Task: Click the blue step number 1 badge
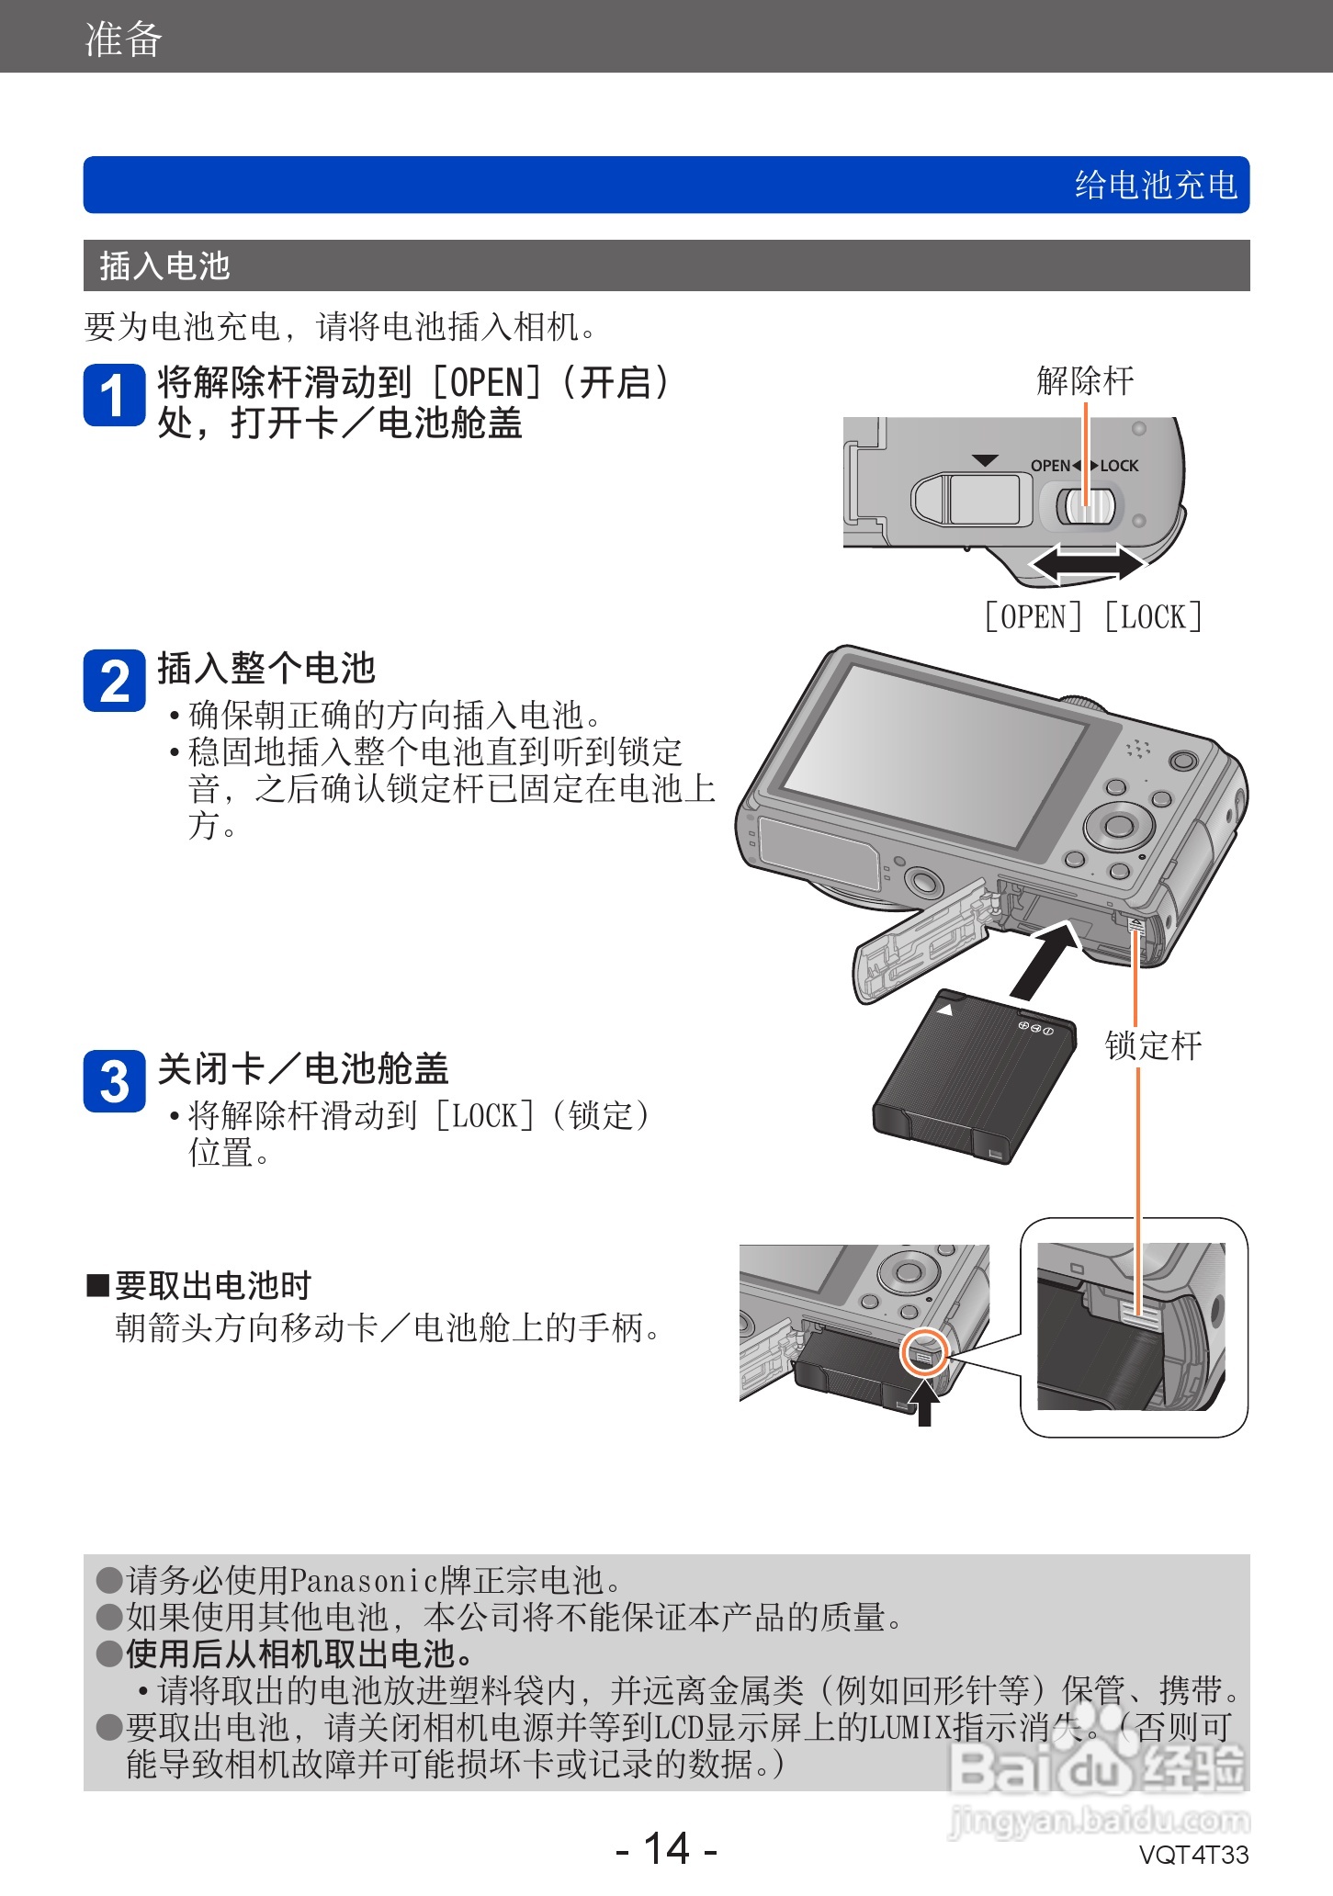click(x=114, y=395)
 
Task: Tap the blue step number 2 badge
click(x=114, y=681)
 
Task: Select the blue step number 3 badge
click(x=114, y=1081)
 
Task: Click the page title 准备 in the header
click(x=123, y=39)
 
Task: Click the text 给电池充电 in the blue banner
click(x=1156, y=185)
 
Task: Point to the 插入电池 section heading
click(x=164, y=265)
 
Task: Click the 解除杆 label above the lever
click(x=1085, y=380)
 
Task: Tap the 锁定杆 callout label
click(x=1153, y=1045)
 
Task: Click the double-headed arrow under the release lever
click(x=1086, y=562)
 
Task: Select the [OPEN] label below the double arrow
click(x=1033, y=616)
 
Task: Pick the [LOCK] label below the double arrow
click(x=1153, y=616)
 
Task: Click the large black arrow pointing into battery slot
click(x=1045, y=961)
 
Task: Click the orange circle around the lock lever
click(x=923, y=1351)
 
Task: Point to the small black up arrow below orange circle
click(x=925, y=1402)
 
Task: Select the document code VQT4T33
click(x=1193, y=1855)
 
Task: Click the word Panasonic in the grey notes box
click(x=365, y=1580)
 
